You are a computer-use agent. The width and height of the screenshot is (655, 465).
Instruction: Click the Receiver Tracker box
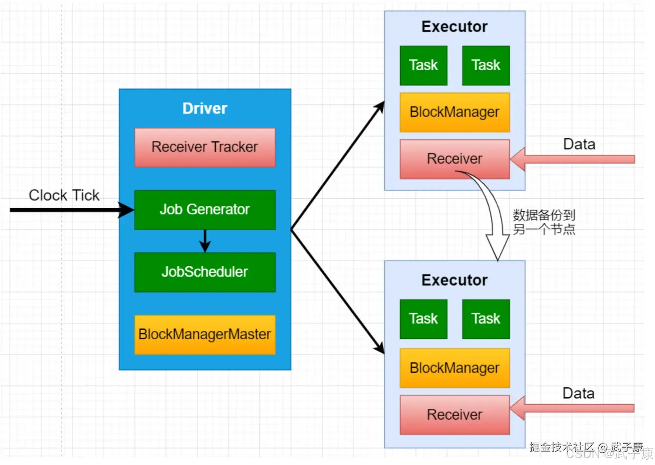(205, 148)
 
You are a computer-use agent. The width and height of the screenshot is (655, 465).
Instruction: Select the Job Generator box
(205, 210)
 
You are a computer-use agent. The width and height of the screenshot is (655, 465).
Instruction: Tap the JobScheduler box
(205, 272)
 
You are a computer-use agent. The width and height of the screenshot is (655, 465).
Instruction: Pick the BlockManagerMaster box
(205, 334)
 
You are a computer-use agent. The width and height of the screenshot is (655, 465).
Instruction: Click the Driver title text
(205, 108)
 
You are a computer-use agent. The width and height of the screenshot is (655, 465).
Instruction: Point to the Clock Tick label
(64, 195)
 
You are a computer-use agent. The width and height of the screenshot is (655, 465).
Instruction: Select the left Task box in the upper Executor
(424, 65)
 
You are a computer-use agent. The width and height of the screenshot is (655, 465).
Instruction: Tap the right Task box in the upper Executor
(486, 65)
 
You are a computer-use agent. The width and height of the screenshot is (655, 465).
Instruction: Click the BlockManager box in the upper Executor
(455, 112)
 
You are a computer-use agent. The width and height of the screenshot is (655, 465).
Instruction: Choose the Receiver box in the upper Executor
(455, 159)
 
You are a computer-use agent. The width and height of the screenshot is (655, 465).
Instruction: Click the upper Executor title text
(455, 27)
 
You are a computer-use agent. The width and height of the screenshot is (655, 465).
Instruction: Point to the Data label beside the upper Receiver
(579, 144)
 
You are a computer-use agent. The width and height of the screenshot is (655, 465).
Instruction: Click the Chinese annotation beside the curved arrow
(544, 222)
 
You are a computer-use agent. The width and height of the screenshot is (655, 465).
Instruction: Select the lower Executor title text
(455, 280)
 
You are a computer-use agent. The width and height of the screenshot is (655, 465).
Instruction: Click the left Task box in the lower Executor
(424, 319)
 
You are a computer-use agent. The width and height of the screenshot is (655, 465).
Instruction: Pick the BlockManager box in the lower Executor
(455, 368)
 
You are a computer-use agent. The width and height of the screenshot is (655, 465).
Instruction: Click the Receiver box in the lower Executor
(455, 415)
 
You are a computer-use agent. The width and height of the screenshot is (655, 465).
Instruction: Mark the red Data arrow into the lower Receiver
(572, 408)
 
